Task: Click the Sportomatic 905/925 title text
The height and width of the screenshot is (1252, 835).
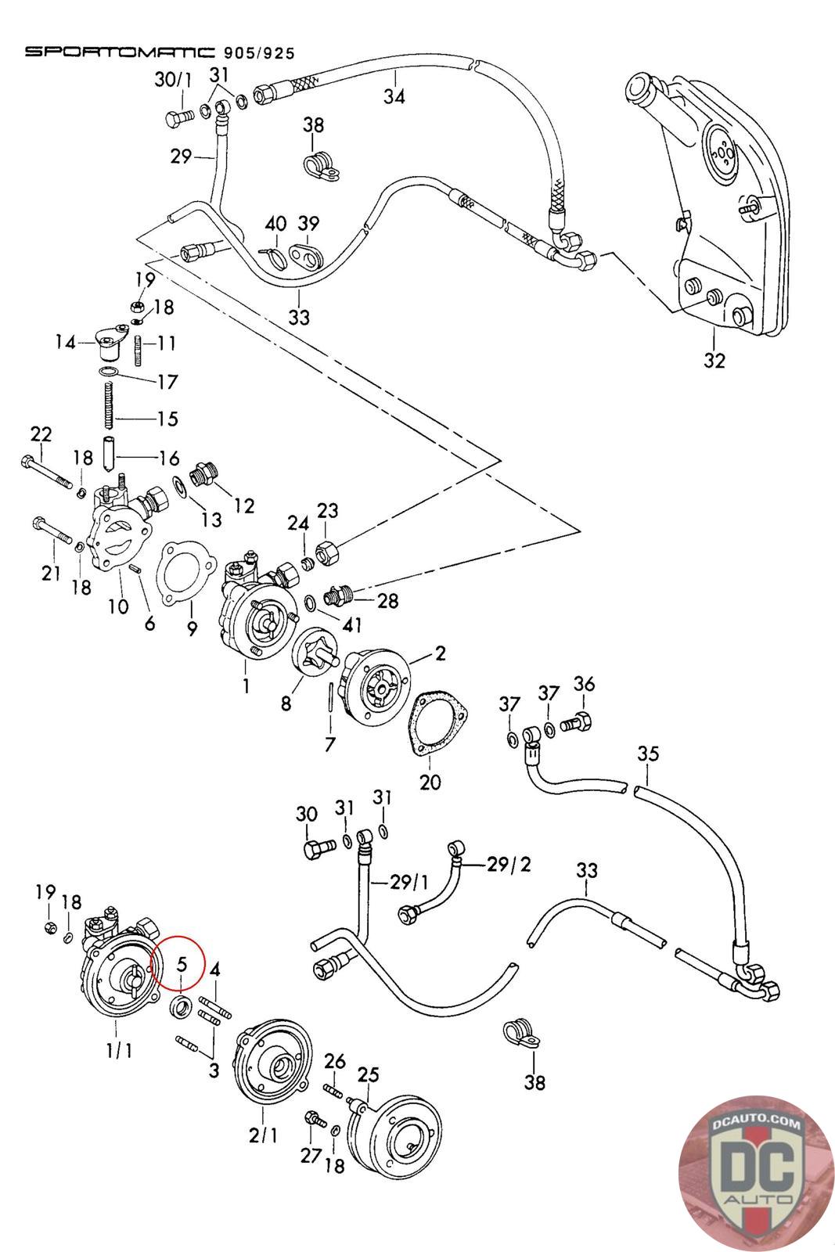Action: tap(160, 52)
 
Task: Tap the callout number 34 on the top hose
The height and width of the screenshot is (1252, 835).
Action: tap(394, 97)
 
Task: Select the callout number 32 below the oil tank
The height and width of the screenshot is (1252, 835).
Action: tap(714, 360)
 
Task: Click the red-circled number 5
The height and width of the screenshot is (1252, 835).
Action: tap(182, 963)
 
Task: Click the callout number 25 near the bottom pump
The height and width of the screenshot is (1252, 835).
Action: tap(368, 1075)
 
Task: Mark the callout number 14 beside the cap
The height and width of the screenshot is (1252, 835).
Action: tap(66, 342)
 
